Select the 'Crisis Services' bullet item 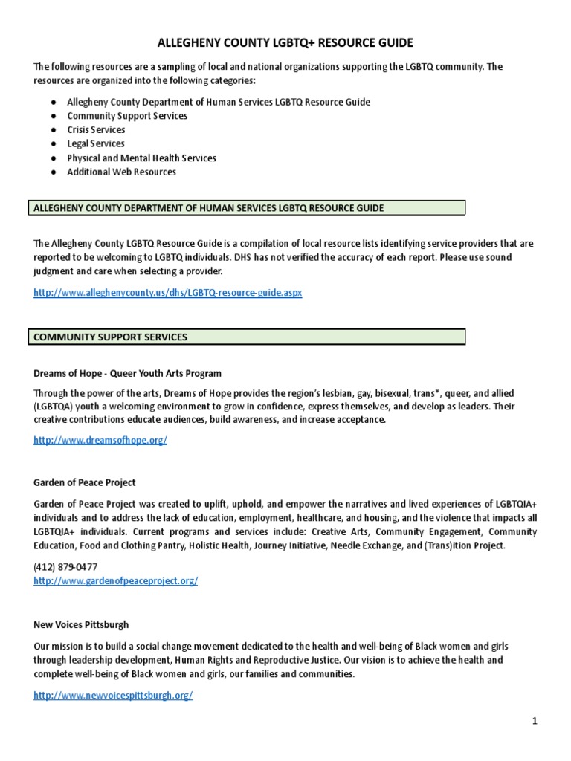pos(96,129)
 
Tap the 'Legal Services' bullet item pos(95,143)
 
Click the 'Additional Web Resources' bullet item pos(121,172)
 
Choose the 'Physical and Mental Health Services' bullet pos(141,158)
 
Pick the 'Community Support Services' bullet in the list pos(127,115)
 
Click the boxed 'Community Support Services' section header pos(111,337)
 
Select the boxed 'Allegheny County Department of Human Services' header pos(209,208)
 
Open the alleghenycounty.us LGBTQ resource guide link pos(168,293)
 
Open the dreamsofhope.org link pos(100,440)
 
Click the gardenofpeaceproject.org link pos(115,580)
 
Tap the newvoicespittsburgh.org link pos(113,695)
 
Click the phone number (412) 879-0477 pos(65,566)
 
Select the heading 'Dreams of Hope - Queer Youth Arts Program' pos(127,373)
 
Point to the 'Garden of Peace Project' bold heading pos(85,482)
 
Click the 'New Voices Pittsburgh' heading pos(81,624)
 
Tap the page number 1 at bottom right pos(534,721)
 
